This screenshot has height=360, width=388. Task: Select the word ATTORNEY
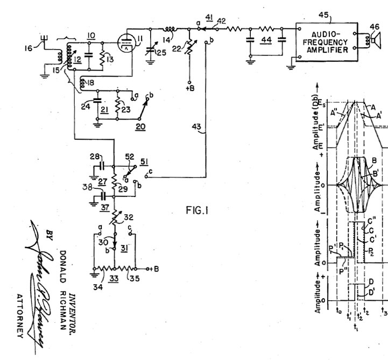pos(20,317)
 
